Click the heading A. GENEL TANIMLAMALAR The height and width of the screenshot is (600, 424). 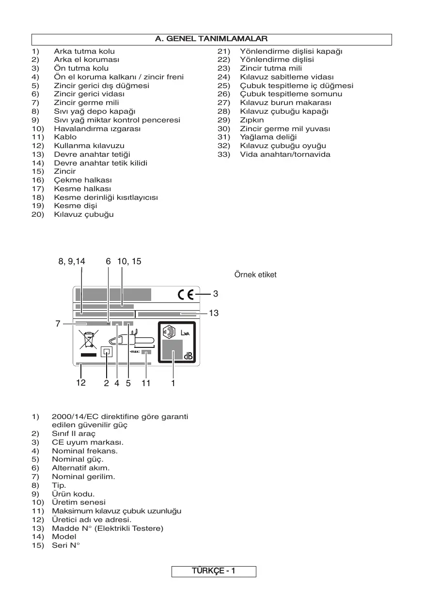coord(211,39)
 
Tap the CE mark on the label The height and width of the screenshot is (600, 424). coord(185,294)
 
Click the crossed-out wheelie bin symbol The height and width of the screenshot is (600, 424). coord(89,340)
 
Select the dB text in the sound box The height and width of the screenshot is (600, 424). coord(188,356)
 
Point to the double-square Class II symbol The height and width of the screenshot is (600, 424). coord(107,352)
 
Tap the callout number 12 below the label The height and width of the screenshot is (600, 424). coord(80,383)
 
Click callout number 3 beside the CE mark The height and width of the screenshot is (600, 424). coord(216,294)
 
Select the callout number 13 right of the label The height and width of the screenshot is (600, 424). coord(214,314)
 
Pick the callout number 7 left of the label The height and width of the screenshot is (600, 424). coord(58,324)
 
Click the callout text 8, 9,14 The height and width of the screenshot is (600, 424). coord(72,261)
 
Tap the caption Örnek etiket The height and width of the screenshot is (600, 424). coord(255,275)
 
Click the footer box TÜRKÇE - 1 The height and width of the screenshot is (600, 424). coord(214,571)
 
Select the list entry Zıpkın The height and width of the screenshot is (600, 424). coord(252,120)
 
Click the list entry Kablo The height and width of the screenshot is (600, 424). coord(65,137)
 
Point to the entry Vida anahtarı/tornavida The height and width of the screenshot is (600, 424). coord(285,154)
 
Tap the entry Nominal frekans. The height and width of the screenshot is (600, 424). coord(85,450)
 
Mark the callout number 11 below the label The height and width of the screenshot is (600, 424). coord(146,383)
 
